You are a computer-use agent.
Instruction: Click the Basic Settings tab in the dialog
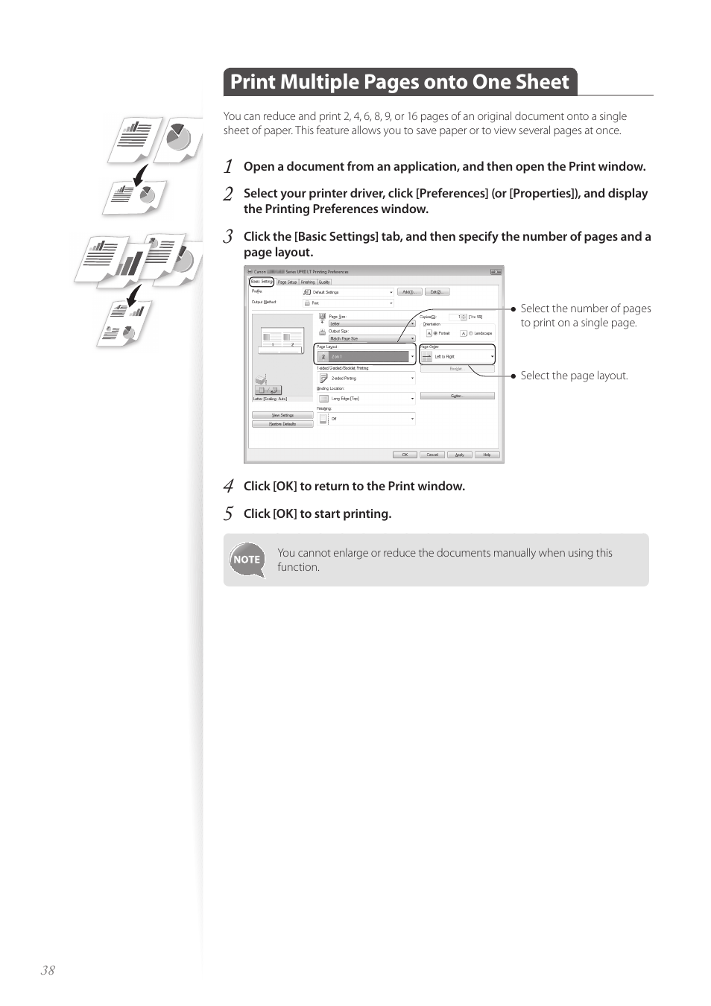[262, 282]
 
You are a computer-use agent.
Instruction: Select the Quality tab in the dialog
[324, 282]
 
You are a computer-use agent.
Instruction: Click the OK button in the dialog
[405, 455]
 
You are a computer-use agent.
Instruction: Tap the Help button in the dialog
[487, 455]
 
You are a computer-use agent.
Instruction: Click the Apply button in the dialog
[460, 455]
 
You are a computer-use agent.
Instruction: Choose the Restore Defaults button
[282, 424]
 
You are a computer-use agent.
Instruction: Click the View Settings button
[282, 415]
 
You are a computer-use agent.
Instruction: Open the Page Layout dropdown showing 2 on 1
[365, 357]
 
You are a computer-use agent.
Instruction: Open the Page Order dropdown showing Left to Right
[457, 357]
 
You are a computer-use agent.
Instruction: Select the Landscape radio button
[470, 333]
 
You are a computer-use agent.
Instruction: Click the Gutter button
[457, 396]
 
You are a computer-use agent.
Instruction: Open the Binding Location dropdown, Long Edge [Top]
[366, 399]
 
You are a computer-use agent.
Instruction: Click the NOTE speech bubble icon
[247, 560]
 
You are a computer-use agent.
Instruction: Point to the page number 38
[48, 969]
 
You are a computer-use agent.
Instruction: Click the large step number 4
[229, 486]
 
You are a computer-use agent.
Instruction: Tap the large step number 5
[229, 513]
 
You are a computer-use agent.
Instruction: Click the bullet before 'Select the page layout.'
[513, 376]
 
